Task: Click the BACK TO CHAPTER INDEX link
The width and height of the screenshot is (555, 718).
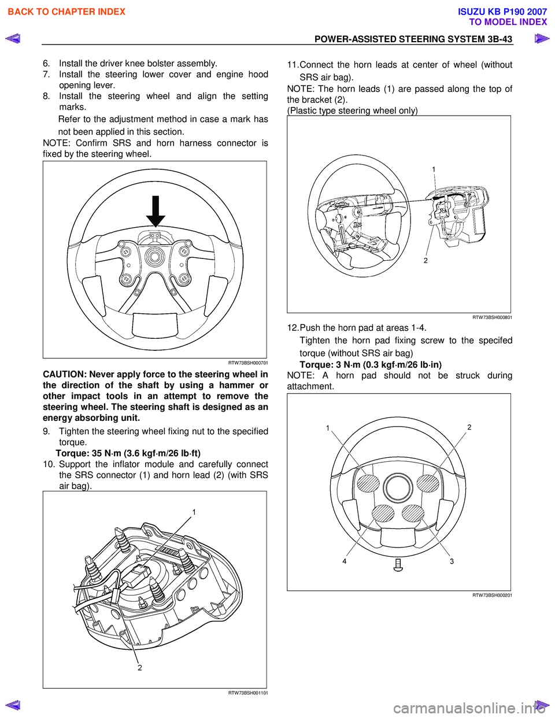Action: (x=66, y=12)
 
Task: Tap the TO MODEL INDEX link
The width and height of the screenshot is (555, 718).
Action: (x=508, y=22)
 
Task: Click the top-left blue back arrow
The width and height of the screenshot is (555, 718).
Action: (x=13, y=39)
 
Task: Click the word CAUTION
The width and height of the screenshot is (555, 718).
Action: (x=64, y=375)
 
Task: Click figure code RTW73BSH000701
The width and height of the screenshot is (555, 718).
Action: (x=247, y=363)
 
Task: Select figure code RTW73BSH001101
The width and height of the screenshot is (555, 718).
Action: (x=247, y=693)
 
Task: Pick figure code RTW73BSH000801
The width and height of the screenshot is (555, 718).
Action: (x=492, y=317)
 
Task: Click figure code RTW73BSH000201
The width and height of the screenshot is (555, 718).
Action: (x=492, y=595)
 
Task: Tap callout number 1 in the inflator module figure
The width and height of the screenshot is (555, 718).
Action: (x=194, y=512)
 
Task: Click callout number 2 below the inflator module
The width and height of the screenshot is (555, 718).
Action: (x=139, y=668)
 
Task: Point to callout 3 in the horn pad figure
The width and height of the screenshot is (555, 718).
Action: (x=452, y=561)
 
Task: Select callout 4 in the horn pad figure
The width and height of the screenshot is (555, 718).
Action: (x=345, y=561)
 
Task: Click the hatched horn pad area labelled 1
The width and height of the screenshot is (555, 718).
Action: (x=368, y=483)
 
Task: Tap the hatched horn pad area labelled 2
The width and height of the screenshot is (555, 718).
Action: (x=428, y=483)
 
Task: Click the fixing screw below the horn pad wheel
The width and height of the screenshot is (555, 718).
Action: (x=398, y=564)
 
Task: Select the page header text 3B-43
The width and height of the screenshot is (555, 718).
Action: (x=499, y=39)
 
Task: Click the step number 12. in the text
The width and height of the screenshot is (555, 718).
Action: (x=293, y=328)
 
